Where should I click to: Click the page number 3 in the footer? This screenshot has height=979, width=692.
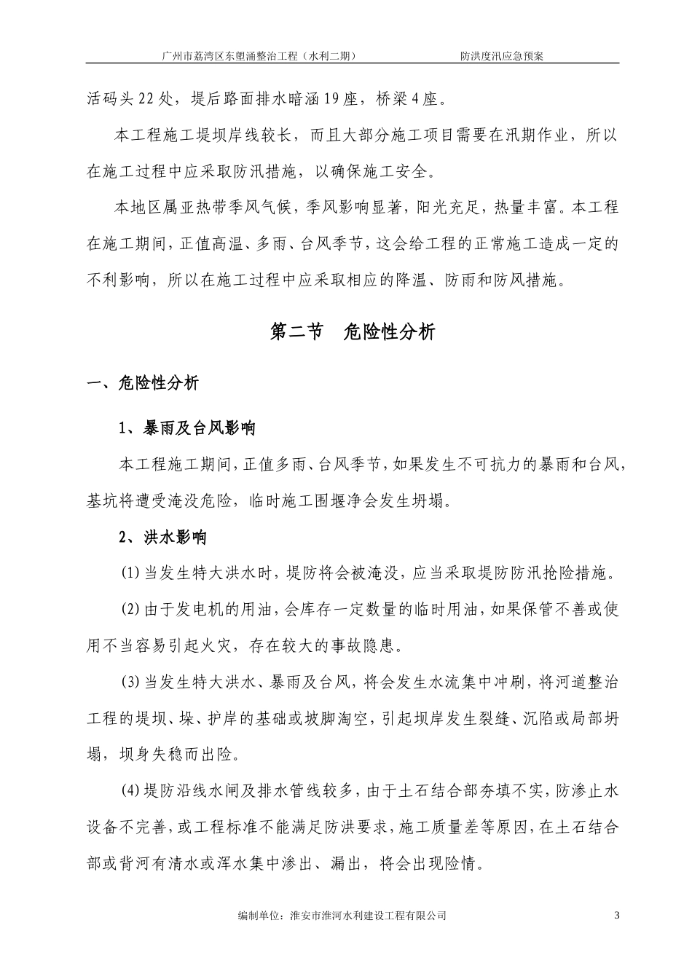pyautogui.click(x=616, y=915)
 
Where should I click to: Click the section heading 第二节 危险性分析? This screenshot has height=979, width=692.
pyautogui.click(x=353, y=332)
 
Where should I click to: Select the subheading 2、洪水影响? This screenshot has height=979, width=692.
pyautogui.click(x=163, y=538)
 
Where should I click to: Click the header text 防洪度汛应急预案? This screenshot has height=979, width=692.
pyautogui.click(x=501, y=55)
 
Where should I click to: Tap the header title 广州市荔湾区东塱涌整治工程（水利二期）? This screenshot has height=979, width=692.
pyautogui.click(x=261, y=55)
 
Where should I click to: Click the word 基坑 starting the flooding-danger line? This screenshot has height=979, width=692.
pyautogui.click(x=103, y=500)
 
